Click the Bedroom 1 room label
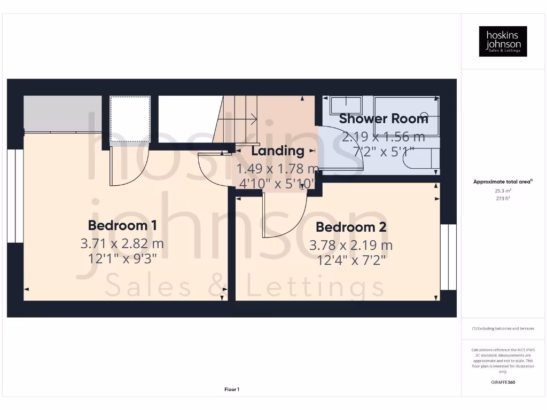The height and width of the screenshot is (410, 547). [x=122, y=225]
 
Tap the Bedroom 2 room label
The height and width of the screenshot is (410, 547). [x=351, y=227]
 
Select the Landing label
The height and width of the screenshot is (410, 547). [x=278, y=151]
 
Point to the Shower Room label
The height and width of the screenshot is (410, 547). [x=384, y=119]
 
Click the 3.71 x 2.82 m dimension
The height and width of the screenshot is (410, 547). [x=122, y=245]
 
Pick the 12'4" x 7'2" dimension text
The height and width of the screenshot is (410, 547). [x=351, y=260]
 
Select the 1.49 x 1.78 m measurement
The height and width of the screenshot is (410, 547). [x=278, y=169]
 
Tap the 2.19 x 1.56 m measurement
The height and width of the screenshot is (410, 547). [x=384, y=137]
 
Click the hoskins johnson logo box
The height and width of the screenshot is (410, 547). [x=503, y=42]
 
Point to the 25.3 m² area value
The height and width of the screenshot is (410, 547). [x=503, y=190]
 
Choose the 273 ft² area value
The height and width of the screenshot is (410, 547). [x=503, y=199]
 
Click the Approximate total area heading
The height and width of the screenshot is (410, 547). [x=502, y=182]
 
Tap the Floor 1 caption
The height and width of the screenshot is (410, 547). [x=232, y=390]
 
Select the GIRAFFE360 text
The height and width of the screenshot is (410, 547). [x=503, y=382]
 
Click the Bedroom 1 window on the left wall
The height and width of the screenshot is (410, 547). [x=15, y=196]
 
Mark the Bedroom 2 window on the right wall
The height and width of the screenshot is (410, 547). [x=448, y=257]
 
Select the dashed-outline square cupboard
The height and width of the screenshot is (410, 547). [x=130, y=119]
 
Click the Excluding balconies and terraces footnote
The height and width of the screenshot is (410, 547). [x=503, y=329]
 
